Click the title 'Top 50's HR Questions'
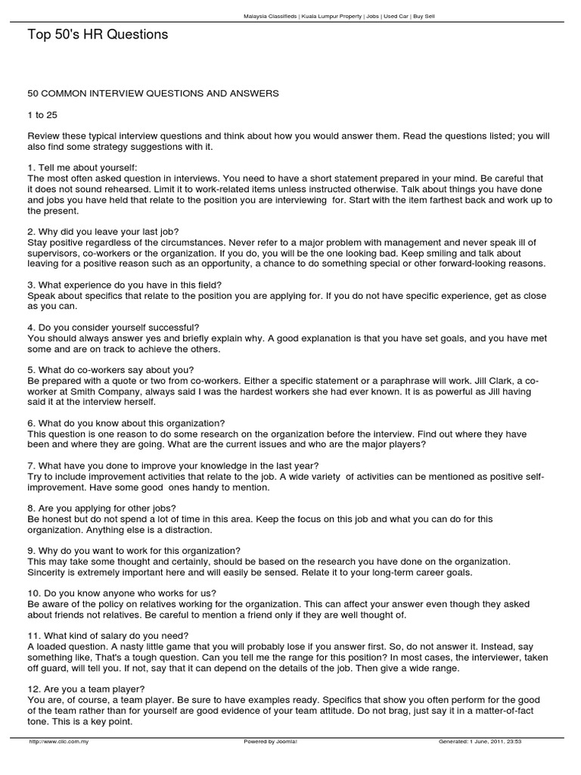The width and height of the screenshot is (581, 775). tap(98, 35)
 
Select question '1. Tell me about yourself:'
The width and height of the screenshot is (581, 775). tap(82, 167)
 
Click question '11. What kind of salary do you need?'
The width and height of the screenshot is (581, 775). tap(108, 635)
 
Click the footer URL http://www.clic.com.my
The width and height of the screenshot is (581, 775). tap(60, 742)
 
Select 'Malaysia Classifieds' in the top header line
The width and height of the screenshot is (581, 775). tap(271, 15)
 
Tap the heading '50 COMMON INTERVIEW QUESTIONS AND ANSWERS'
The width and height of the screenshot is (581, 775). tap(153, 93)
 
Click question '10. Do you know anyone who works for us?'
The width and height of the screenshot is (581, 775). tap(121, 593)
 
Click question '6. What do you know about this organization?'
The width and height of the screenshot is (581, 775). tap(126, 423)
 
